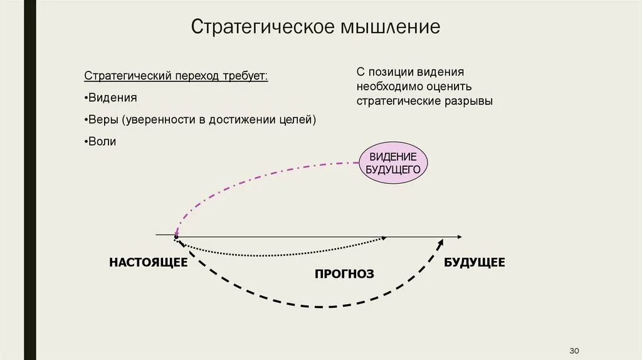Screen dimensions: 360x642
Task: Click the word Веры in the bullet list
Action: tap(103, 119)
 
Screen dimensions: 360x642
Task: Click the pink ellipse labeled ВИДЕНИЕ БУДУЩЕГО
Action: tap(393, 162)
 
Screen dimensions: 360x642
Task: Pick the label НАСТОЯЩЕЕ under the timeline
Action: tap(148, 262)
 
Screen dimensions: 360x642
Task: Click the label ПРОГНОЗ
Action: tap(344, 273)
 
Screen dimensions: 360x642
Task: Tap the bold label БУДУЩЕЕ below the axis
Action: tap(474, 262)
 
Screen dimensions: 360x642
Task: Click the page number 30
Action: tap(574, 349)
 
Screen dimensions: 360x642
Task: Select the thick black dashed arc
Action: tap(320, 306)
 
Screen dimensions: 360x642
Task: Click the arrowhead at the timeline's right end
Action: tap(460, 236)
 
